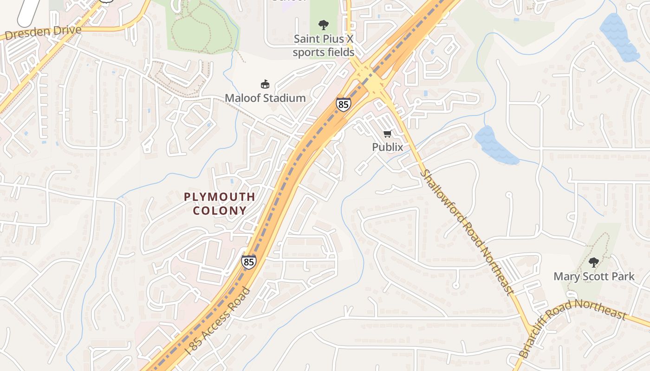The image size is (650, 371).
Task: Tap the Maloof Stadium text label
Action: (265, 98)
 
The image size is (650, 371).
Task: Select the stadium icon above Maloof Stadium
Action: (265, 84)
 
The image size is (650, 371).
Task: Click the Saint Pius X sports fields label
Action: (323, 45)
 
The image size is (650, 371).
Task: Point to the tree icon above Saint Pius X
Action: (324, 25)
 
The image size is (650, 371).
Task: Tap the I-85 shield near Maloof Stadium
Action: (343, 104)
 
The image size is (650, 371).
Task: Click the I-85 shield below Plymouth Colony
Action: (248, 262)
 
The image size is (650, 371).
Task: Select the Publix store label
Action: (387, 147)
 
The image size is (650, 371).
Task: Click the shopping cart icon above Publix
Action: (387, 134)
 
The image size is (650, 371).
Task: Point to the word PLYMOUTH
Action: (220, 197)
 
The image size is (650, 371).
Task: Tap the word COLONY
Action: (220, 211)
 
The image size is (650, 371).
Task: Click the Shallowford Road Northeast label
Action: (468, 232)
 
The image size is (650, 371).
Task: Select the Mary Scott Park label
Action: (593, 277)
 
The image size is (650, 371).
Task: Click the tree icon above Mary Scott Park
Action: (593, 262)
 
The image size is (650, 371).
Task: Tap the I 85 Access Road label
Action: (217, 321)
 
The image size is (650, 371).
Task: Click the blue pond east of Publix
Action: (495, 145)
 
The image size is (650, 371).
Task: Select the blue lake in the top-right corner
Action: (619, 37)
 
